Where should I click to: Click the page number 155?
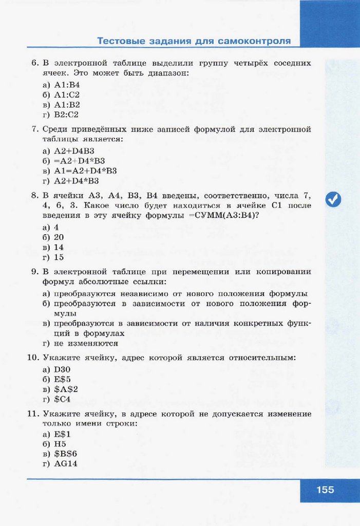click(x=325, y=490)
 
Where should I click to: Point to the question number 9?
click(x=35, y=272)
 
